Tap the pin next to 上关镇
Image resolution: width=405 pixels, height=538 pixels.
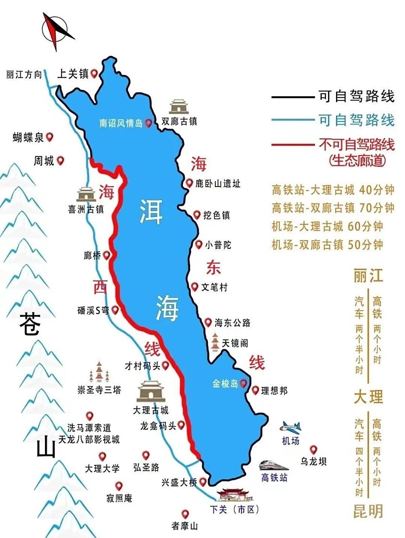pos(94,74)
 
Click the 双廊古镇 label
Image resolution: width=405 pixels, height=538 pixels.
pos(179,121)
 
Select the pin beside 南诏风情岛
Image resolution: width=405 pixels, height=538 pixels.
pos(148,123)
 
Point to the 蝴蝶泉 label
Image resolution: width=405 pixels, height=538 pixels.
pos(28,137)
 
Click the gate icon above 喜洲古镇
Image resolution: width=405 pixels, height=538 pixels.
pos(87,193)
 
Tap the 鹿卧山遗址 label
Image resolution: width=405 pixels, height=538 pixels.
pos(218,184)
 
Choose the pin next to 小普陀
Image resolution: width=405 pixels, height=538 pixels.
pos(199,244)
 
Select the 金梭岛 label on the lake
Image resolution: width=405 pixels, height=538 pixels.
pos(225,383)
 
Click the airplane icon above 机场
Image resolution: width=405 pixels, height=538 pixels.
pos(291,427)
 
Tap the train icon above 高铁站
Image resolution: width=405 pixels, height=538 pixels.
pos(274,464)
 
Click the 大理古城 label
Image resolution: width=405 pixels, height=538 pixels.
pos(151,410)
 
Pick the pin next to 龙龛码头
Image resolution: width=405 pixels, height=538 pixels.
pos(181,425)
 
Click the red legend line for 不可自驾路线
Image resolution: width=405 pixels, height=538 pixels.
pos(293,145)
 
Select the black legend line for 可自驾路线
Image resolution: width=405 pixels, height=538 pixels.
pos(293,97)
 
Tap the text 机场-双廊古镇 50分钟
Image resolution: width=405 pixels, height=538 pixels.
pos(327,245)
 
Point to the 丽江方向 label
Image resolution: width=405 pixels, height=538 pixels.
pos(24,75)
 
